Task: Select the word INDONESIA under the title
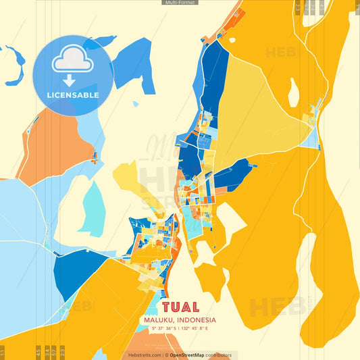(197, 320)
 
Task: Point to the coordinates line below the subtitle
(179, 330)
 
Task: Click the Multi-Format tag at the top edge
(180, 3)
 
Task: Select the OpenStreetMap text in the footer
(191, 355)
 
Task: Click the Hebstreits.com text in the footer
(145, 355)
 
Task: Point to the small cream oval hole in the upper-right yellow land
(293, 93)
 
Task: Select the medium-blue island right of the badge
(135, 60)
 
